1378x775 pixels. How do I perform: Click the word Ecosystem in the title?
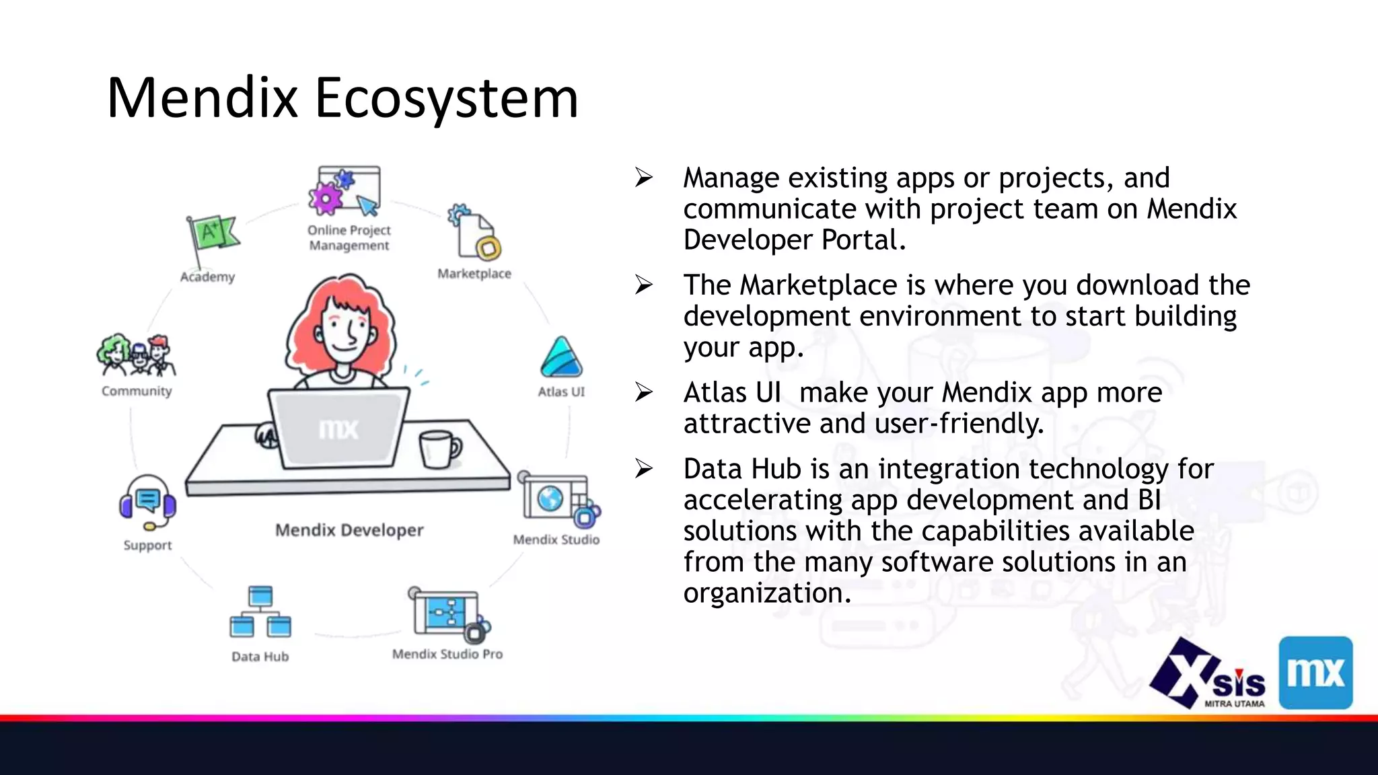(446, 99)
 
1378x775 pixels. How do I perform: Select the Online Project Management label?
(349, 237)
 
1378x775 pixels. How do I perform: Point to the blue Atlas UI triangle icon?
(561, 358)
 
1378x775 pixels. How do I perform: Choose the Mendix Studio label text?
(556, 540)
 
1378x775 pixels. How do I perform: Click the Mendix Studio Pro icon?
(447, 614)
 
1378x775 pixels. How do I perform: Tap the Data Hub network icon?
(260, 612)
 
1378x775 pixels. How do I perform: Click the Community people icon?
(137, 355)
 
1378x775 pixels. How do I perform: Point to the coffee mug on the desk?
(439, 449)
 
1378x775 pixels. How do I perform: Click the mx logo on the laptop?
(338, 429)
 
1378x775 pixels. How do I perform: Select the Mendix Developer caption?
(349, 530)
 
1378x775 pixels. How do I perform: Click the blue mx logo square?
(1315, 672)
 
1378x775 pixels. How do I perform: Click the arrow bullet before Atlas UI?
(644, 392)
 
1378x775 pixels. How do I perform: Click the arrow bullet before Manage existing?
(644, 178)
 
